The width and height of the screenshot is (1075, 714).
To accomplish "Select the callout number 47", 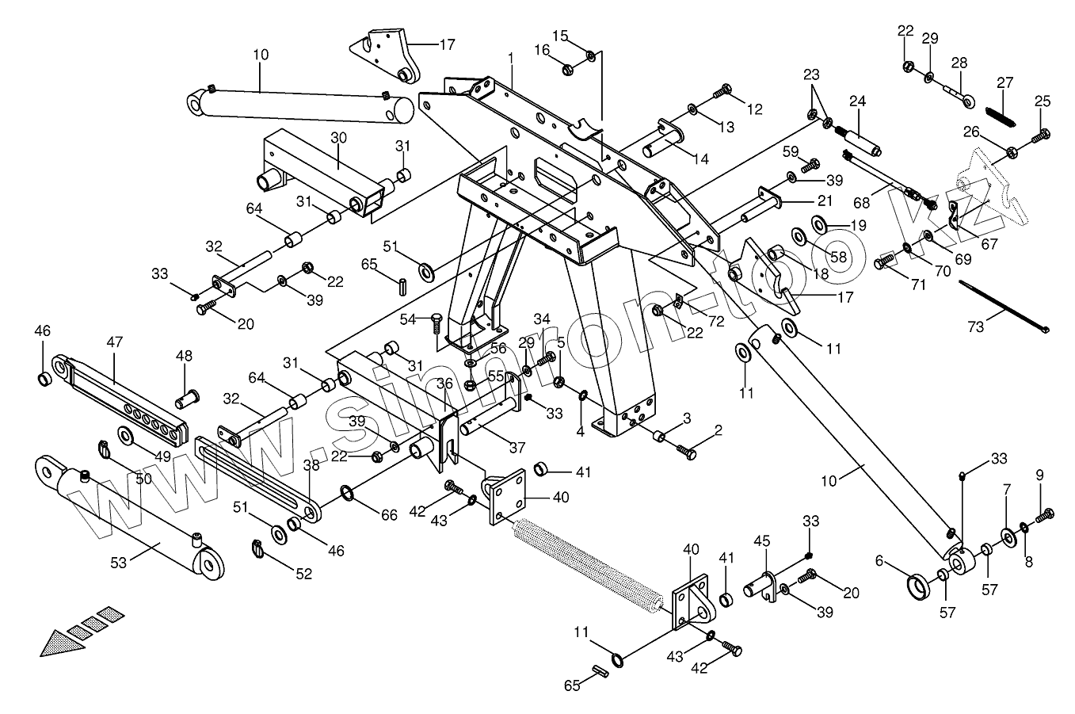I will tap(115, 342).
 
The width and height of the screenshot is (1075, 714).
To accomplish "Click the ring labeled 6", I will tap(921, 590).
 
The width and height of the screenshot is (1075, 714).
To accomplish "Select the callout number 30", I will tap(338, 137).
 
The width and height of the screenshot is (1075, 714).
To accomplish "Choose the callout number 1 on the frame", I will tap(511, 58).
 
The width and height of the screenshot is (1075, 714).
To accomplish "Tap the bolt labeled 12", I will tap(722, 94).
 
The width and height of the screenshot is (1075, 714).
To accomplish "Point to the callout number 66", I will tap(388, 515).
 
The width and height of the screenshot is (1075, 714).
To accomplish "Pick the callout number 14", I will tap(700, 158).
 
